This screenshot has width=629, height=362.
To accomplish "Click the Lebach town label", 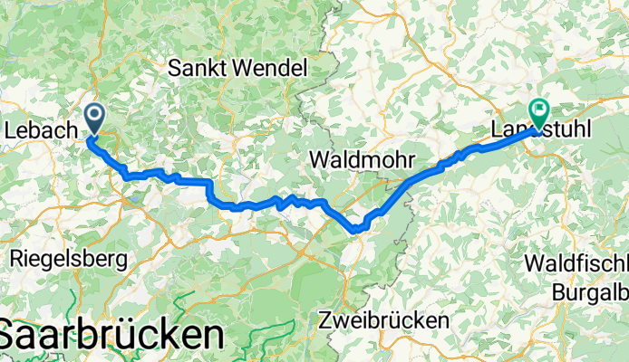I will click(39, 131).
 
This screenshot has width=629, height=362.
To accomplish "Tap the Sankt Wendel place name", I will click(238, 67).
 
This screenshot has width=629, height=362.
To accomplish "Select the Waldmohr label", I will click(357, 159).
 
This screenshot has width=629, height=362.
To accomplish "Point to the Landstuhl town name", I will click(541, 131).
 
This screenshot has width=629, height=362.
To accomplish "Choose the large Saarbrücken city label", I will click(111, 335).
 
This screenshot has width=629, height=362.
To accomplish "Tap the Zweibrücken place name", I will click(384, 320).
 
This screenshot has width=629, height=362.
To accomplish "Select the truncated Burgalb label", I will click(590, 291).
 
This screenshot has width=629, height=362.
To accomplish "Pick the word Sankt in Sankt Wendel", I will click(198, 67).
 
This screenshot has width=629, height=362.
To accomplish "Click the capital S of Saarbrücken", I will click(11, 335).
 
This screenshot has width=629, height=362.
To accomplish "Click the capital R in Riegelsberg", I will click(15, 259).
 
